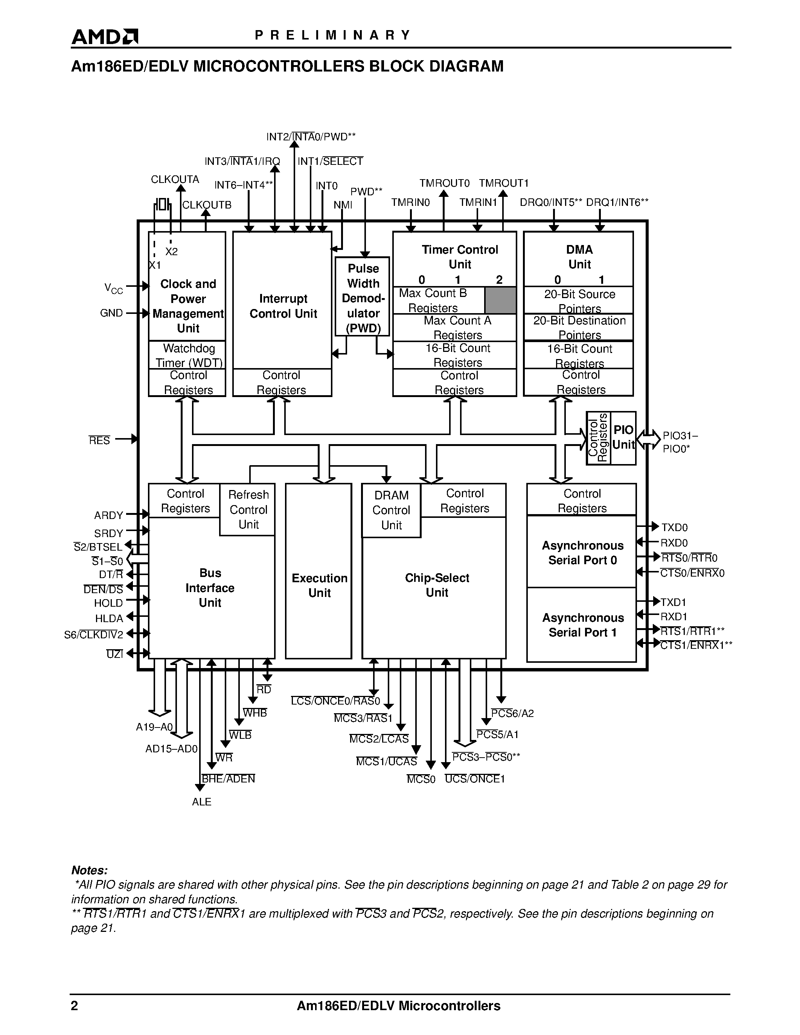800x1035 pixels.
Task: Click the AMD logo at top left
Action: coord(104,37)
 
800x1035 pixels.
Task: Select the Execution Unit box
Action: coord(319,585)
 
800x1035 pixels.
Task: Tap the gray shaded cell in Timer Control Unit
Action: coord(500,300)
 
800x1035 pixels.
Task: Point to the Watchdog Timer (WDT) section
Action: coord(188,355)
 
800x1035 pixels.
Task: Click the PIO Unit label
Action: coord(623,437)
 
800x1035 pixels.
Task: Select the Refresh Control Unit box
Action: coord(248,510)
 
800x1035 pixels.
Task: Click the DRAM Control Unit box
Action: coord(391,510)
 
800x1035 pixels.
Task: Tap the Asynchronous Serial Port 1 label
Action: coord(582,625)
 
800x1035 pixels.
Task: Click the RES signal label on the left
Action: coord(99,440)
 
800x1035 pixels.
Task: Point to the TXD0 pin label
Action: coord(674,527)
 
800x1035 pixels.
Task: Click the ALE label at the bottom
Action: coord(201,802)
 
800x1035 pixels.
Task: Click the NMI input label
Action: coord(343,205)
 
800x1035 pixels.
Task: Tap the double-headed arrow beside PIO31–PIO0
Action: coord(648,439)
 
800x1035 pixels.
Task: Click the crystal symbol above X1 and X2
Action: coord(162,205)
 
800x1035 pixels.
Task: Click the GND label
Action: coord(111,313)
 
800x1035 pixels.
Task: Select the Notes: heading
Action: coord(89,870)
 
